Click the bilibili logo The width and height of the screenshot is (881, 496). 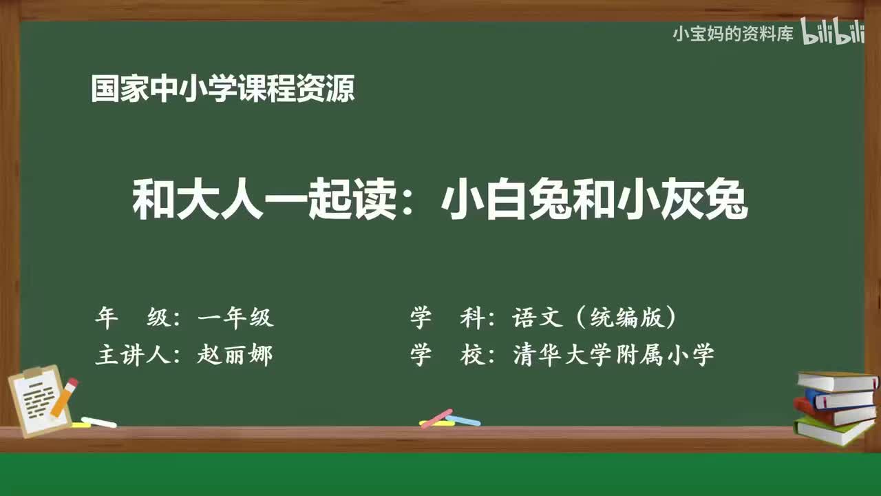833,31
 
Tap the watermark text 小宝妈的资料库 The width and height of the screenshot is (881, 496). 733,34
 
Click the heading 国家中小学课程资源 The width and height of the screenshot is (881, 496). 223,88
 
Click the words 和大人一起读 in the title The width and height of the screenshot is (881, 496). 264,199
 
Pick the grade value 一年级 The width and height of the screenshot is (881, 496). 235,318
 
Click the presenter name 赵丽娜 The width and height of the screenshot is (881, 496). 235,354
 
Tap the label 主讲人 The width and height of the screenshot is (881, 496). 134,354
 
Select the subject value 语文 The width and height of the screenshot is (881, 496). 538,317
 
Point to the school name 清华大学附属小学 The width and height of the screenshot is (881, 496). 613,354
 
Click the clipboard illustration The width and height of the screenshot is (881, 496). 39,400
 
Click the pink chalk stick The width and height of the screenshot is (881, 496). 436,418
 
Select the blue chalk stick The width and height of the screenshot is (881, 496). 463,420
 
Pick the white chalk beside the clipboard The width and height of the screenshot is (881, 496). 98,422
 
